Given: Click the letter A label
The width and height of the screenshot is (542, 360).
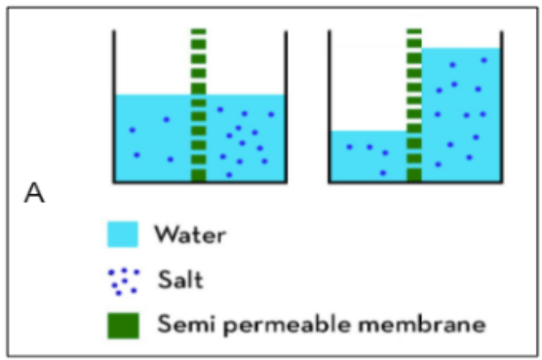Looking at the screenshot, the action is [x=34, y=193].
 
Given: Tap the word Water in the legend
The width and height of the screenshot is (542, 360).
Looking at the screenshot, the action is [x=190, y=235].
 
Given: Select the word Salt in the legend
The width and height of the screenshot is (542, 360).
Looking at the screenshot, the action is [x=180, y=279].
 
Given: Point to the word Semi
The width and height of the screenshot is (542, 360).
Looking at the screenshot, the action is [x=186, y=324].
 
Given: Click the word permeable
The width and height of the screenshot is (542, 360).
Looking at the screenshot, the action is [x=287, y=326].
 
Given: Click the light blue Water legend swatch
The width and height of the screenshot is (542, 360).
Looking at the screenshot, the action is [x=123, y=234].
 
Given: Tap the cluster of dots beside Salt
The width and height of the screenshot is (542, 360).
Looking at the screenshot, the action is [x=124, y=282].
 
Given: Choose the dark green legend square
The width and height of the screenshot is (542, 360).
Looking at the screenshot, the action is [x=124, y=326].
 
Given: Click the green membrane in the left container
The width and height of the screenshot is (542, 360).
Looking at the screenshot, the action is [x=199, y=105].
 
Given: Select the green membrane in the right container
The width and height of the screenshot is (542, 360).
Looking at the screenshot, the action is [x=414, y=105].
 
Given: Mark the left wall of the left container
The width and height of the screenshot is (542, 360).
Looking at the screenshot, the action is [x=114, y=106].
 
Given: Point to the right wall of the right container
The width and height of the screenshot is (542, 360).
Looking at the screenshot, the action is [x=502, y=106].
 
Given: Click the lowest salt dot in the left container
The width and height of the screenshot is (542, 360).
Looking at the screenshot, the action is [x=229, y=175].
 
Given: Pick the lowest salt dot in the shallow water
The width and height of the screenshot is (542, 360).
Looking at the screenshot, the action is [x=383, y=173].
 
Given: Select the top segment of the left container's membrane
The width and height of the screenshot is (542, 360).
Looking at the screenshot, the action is [x=199, y=31].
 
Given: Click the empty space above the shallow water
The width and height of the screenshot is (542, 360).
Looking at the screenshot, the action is [x=368, y=81].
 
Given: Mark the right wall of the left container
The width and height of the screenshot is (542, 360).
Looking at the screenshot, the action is [x=286, y=106].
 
